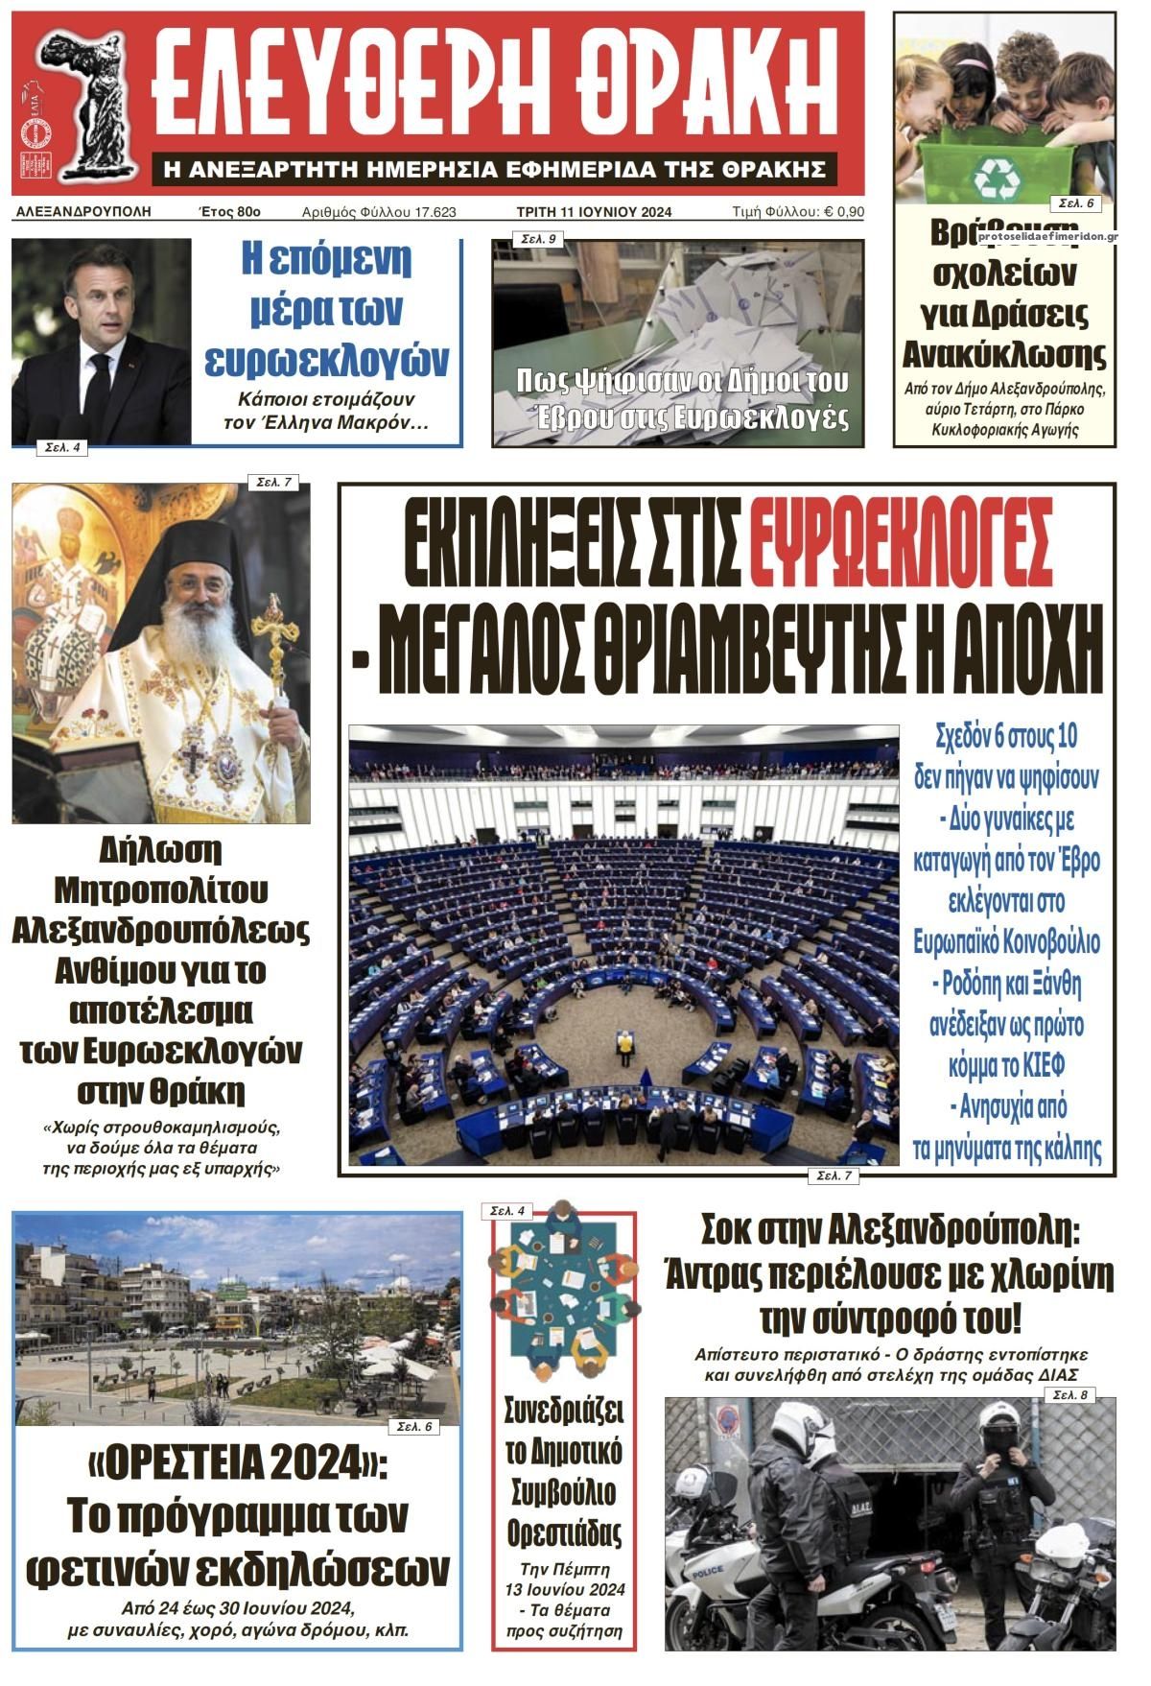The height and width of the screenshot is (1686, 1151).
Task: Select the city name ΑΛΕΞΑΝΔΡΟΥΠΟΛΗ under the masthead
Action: (x=83, y=211)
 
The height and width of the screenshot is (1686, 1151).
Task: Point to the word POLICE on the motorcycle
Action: (x=708, y=1572)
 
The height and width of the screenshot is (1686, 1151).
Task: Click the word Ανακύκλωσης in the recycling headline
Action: (x=1004, y=355)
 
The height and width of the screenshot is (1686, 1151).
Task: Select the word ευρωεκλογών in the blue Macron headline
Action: (x=327, y=359)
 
